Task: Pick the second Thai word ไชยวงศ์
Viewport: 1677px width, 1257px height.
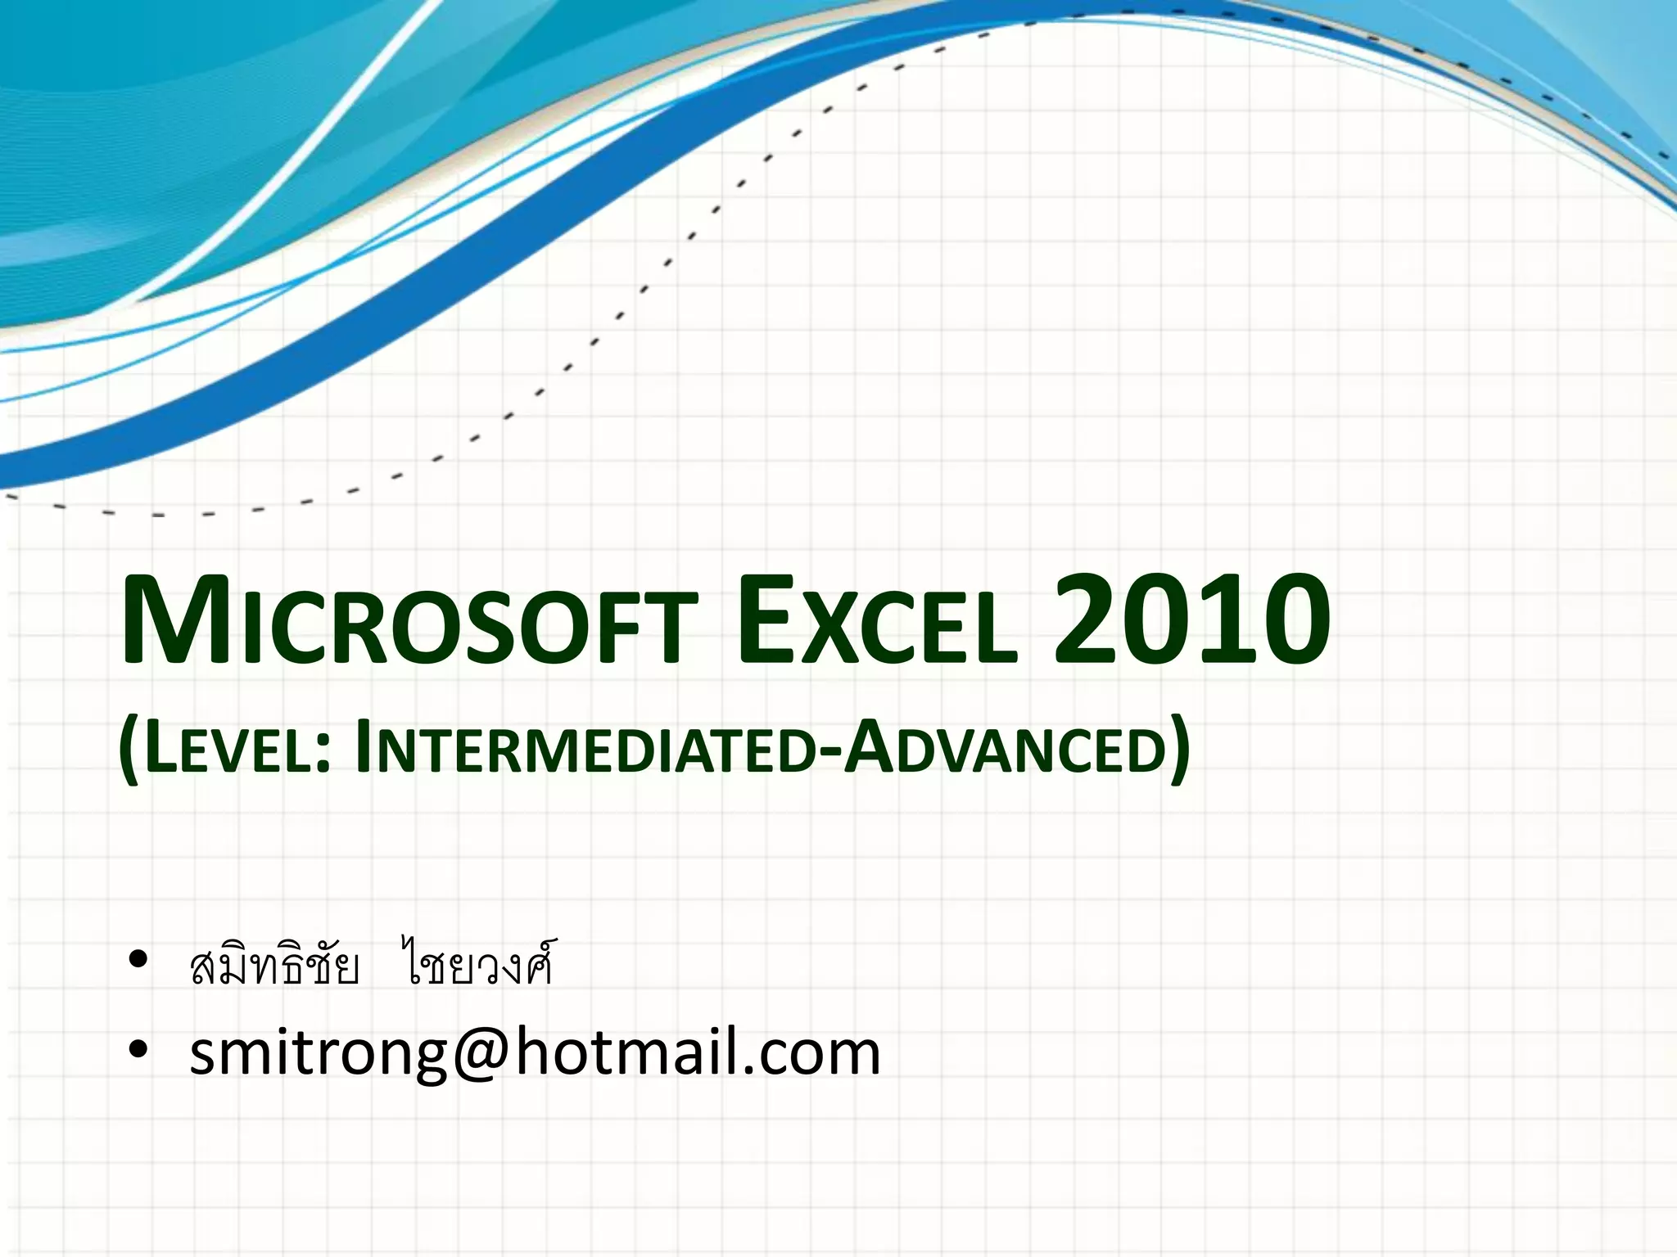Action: (x=477, y=966)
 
